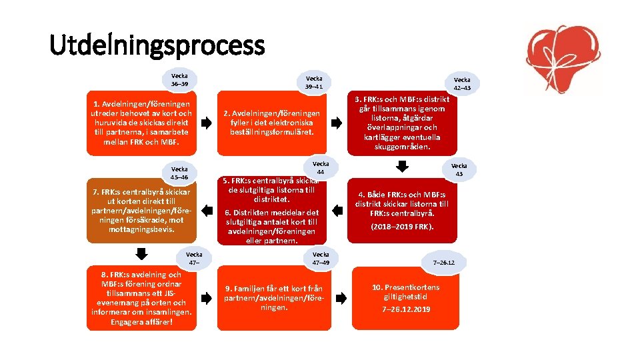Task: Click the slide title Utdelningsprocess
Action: [x=157, y=45]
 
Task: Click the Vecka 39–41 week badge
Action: [x=313, y=82]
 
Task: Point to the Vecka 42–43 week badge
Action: [x=461, y=83]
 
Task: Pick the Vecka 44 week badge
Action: [x=321, y=168]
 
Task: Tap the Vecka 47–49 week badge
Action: [x=321, y=259]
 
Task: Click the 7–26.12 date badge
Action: [x=443, y=263]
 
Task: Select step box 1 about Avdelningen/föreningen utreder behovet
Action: [x=141, y=123]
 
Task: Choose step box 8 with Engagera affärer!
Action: [x=141, y=299]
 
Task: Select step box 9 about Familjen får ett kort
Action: [x=273, y=298]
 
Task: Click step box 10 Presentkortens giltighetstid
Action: [x=405, y=298]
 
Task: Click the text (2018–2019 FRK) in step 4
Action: [x=402, y=226]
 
